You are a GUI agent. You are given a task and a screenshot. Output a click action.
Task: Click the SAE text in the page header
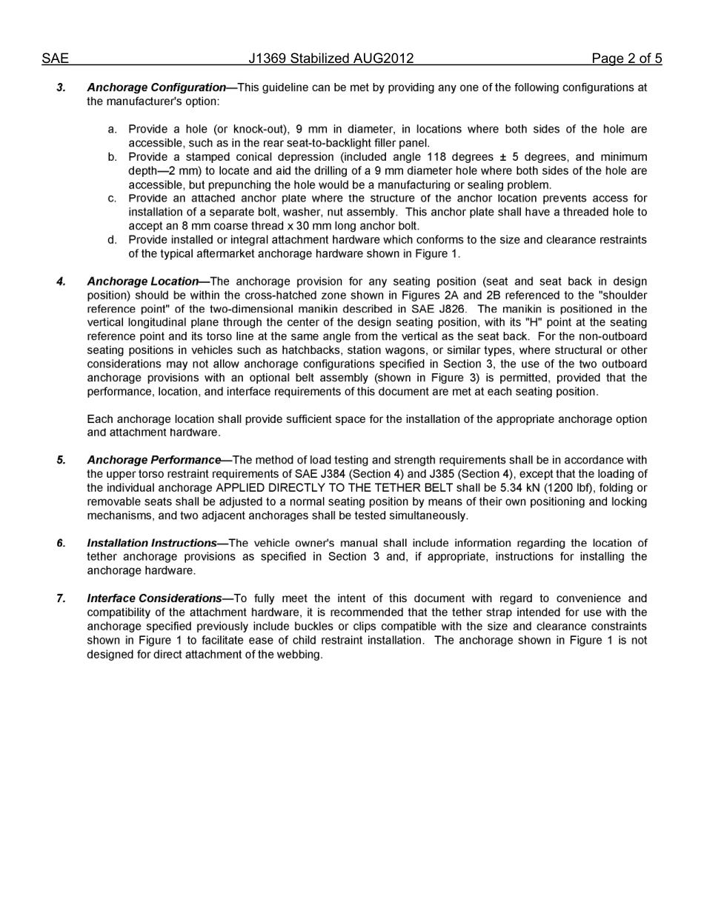click(55, 59)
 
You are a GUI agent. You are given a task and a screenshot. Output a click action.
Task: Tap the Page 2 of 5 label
click(626, 59)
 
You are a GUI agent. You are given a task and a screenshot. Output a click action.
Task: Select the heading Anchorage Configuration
click(156, 87)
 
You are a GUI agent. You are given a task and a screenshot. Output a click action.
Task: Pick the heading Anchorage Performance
click(153, 460)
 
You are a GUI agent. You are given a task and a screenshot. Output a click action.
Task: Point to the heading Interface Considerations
click(154, 598)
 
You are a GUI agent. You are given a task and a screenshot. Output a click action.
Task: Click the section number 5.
click(61, 460)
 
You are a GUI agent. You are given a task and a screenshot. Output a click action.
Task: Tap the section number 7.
click(61, 598)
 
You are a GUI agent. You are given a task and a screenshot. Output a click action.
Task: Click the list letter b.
click(112, 157)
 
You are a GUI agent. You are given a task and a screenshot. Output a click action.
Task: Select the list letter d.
click(112, 240)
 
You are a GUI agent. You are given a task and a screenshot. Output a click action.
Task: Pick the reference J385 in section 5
click(442, 474)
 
